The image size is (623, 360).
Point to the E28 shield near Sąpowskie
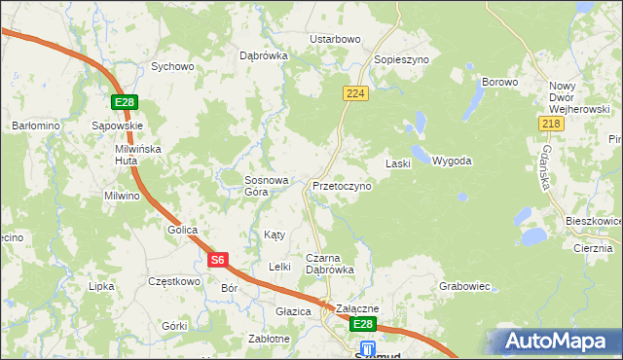124,103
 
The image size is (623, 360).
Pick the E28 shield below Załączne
362,324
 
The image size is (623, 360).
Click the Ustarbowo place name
335,39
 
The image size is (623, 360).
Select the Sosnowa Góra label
267,186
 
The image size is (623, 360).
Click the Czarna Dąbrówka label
330,264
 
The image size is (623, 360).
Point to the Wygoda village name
452,161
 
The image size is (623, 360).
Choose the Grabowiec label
464,287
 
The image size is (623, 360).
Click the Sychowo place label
172,67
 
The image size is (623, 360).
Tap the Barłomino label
36,126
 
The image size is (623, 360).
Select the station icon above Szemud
368,347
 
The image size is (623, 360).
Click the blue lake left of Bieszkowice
533,235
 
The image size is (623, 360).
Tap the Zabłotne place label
269,339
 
